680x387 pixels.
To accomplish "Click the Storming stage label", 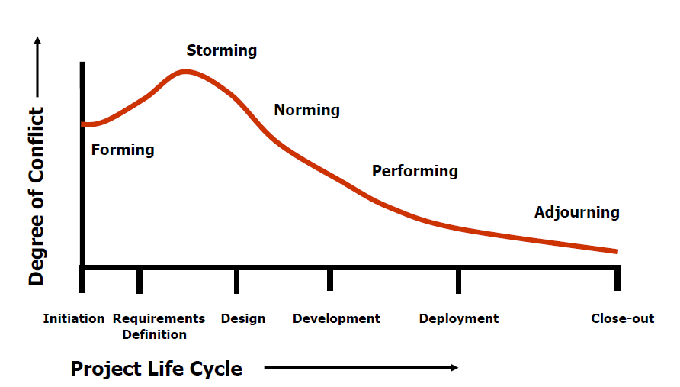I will click(221, 51).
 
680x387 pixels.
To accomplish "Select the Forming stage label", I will click(123, 150).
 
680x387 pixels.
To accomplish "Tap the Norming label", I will click(306, 110).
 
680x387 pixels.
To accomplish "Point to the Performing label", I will click(415, 171).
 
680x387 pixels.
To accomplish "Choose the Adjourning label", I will click(576, 212).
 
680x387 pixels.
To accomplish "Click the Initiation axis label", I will click(74, 318).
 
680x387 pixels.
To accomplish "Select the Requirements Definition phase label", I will click(159, 326).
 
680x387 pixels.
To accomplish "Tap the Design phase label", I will click(243, 318).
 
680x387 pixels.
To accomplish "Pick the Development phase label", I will click(336, 318).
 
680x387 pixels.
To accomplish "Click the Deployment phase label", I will click(459, 318).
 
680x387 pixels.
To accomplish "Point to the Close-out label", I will click(622, 318).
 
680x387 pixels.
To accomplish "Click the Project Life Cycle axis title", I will click(156, 369).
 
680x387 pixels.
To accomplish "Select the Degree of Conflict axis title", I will click(36, 197).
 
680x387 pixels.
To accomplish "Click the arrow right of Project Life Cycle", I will click(361, 368).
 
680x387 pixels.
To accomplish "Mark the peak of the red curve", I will click(184, 72).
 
